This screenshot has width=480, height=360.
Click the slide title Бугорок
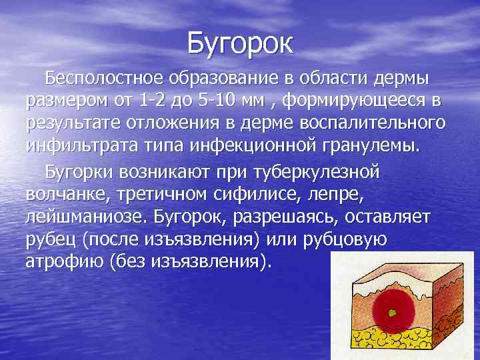(x=239, y=43)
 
